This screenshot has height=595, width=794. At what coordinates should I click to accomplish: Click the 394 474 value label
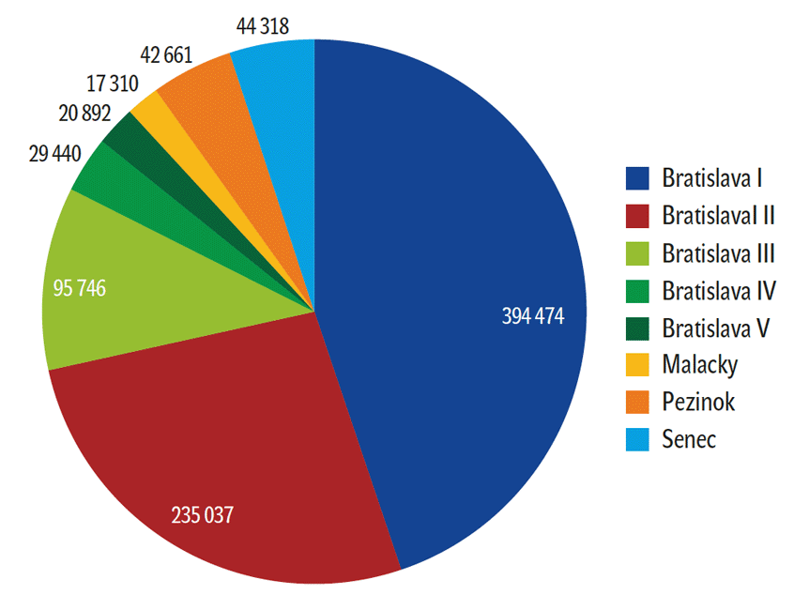533,317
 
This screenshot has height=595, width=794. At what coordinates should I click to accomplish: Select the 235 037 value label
202,514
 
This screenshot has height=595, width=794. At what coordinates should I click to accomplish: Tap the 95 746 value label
75,288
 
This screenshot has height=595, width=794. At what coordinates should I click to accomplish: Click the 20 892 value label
84,114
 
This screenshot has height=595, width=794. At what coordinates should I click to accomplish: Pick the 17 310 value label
112,84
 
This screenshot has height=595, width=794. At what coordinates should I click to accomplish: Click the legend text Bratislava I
710,177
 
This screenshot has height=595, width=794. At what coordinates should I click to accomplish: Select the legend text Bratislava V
715,328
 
